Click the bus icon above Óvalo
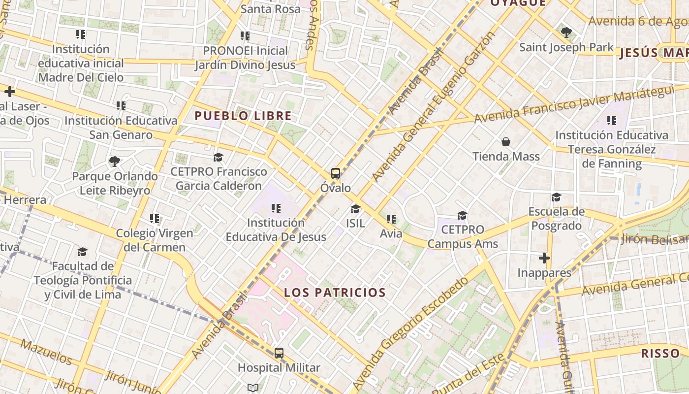click(x=336, y=173)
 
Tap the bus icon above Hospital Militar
click(x=279, y=353)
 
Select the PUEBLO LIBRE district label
click(x=243, y=116)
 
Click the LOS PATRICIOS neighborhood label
click(x=335, y=293)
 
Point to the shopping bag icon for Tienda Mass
click(x=506, y=142)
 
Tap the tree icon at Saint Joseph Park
click(x=566, y=33)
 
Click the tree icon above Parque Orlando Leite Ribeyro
click(x=115, y=161)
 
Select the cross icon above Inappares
click(x=544, y=258)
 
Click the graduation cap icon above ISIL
click(x=355, y=209)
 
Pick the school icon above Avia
click(x=391, y=219)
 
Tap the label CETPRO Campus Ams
click(x=463, y=237)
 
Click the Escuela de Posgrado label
click(x=556, y=219)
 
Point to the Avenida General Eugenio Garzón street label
click(x=433, y=106)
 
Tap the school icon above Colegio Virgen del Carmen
click(x=155, y=218)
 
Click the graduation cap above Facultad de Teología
click(x=82, y=252)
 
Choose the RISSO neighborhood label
click(x=660, y=353)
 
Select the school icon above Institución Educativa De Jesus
click(x=276, y=208)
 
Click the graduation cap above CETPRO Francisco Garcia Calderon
click(x=218, y=157)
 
